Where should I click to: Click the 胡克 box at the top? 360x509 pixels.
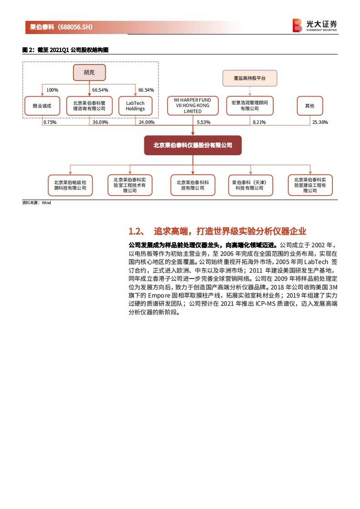pyautogui.click(x=89, y=72)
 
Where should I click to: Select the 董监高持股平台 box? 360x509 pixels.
pyautogui.click(x=249, y=78)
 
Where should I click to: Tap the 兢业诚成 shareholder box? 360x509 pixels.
pyautogui.click(x=42, y=106)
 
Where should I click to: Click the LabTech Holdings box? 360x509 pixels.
pyautogui.click(x=135, y=106)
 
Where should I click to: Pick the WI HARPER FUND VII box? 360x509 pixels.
pyautogui.click(x=192, y=105)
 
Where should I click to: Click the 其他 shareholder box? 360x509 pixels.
pyautogui.click(x=310, y=106)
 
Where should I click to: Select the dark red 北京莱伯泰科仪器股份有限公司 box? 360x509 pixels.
pyautogui.click(x=192, y=146)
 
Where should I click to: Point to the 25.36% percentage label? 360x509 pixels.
pyautogui.click(x=320, y=122)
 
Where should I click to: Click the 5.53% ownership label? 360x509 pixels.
pyautogui.click(x=204, y=122)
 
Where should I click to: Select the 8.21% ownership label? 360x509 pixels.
pyautogui.click(x=259, y=122)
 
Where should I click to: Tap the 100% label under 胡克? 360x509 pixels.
pyautogui.click(x=52, y=90)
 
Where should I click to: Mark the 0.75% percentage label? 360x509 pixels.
pyautogui.click(x=49, y=122)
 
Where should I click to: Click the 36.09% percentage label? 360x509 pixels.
pyautogui.click(x=100, y=122)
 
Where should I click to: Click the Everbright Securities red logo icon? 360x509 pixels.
pyautogui.click(x=297, y=25)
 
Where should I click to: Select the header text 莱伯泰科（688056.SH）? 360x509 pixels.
pyautogui.click(x=61, y=27)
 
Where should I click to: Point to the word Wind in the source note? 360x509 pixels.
pyautogui.click(x=46, y=203)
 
